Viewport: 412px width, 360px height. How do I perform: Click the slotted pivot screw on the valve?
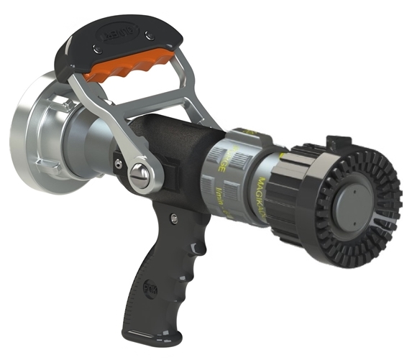139,175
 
